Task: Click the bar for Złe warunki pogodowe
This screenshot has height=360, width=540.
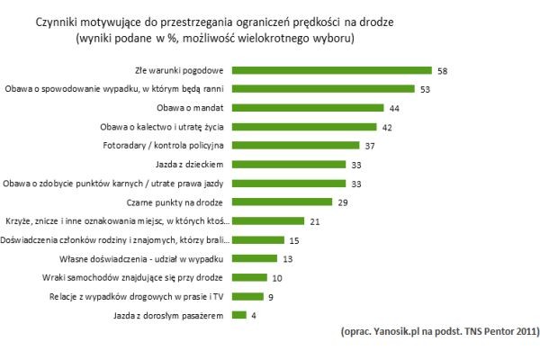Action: point(332,70)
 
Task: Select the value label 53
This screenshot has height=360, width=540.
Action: point(426,89)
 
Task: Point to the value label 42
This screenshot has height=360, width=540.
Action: point(386,127)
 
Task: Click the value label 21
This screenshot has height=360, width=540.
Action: point(314,221)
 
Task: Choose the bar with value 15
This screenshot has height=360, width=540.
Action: point(258,240)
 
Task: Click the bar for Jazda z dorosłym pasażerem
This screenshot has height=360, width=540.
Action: point(239,316)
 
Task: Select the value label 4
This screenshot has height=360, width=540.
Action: point(255,316)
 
